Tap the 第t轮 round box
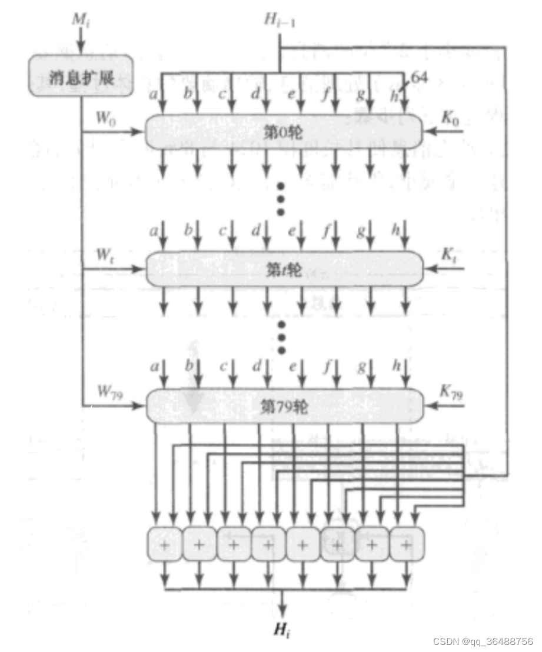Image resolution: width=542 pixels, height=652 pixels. (284, 270)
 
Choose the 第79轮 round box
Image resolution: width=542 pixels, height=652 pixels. (284, 405)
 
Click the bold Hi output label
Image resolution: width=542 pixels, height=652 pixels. (282, 631)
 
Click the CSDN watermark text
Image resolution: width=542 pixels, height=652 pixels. (483, 641)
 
